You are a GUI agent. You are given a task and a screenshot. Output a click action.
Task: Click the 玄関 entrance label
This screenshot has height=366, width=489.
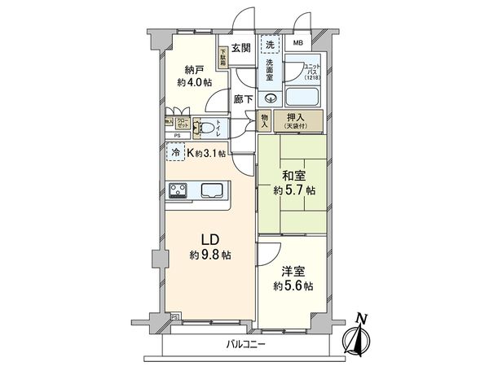pyautogui.click(x=240, y=47)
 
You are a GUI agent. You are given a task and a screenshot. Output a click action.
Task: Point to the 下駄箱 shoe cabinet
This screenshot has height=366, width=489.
pyautogui.click(x=222, y=56)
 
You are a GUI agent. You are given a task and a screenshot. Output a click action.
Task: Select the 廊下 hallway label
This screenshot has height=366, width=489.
pyautogui.click(x=241, y=98)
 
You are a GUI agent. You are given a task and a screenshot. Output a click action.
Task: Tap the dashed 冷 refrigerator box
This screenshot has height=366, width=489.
pyautogui.click(x=175, y=151)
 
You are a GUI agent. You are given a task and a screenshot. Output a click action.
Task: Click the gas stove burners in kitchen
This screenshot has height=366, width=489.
pyautogui.click(x=178, y=191)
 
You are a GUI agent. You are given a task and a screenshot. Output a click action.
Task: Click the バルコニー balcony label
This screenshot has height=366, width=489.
pyautogui.click(x=249, y=345)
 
